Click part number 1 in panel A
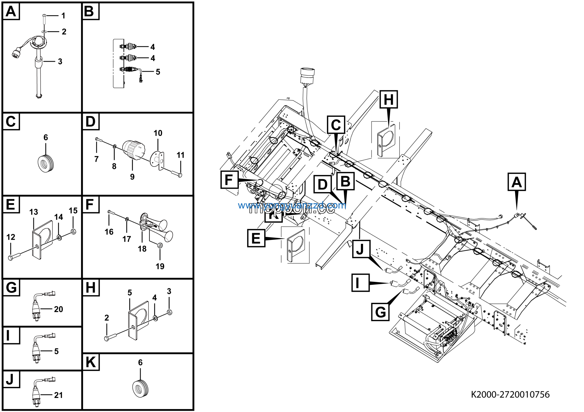(x=63, y=16)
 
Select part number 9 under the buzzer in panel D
(x=132, y=177)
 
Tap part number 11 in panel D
(x=180, y=155)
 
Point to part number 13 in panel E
(x=34, y=212)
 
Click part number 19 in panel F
(x=160, y=266)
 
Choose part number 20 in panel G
(x=58, y=309)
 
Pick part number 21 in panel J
(x=58, y=395)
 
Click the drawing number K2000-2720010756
(x=510, y=394)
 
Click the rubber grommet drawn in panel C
(x=46, y=162)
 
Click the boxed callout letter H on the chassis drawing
(x=389, y=99)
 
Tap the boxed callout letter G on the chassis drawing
(x=380, y=312)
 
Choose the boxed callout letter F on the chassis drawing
(x=229, y=180)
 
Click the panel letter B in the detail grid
(x=89, y=11)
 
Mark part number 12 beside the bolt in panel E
(x=11, y=237)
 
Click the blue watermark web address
(x=292, y=205)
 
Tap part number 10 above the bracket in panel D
(x=158, y=133)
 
